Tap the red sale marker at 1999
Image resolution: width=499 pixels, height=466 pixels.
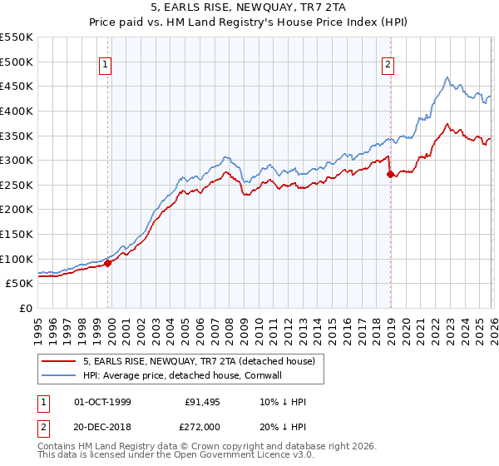[108, 263]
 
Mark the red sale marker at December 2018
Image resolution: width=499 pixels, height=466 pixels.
[390, 174]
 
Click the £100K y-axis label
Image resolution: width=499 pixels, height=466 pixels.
[17, 259]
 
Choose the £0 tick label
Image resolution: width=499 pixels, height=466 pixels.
[25, 308]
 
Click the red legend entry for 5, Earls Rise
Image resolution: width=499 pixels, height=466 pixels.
[198, 362]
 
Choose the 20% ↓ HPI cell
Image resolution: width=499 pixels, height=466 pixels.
[283, 425]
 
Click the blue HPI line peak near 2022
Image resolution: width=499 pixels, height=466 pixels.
[447, 78]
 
